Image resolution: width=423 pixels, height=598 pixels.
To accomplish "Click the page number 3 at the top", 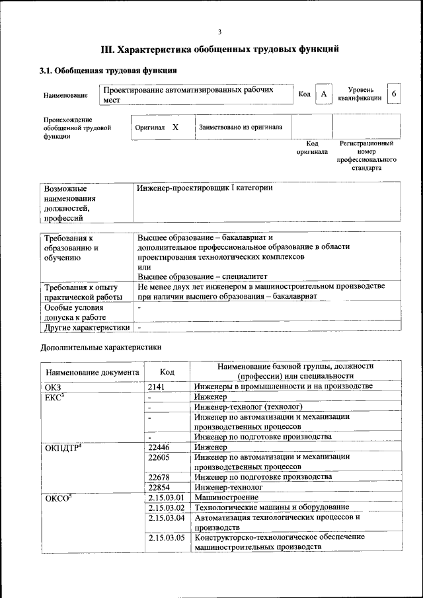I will pyautogui.click(x=219, y=32).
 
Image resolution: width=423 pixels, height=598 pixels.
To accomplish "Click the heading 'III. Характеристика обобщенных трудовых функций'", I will pyautogui.click(x=220, y=49).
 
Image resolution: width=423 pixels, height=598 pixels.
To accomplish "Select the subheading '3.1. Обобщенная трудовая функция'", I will pyautogui.click(x=108, y=70).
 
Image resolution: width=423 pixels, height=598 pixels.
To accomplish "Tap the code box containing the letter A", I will pyautogui.click(x=324, y=94).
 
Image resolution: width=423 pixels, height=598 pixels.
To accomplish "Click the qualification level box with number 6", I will pyautogui.click(x=394, y=94).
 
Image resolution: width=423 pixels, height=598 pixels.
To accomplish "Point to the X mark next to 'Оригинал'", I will pyautogui.click(x=175, y=126).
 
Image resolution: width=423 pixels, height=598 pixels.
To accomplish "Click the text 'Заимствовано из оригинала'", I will pyautogui.click(x=241, y=127).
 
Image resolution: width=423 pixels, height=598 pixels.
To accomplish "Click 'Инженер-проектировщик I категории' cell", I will pyautogui.click(x=205, y=188).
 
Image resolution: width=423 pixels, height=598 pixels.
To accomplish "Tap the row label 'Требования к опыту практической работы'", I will pyautogui.click(x=81, y=292).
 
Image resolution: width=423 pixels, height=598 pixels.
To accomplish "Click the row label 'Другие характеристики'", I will pyautogui.click(x=86, y=327).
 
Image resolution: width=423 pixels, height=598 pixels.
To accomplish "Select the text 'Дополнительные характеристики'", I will pyautogui.click(x=101, y=346).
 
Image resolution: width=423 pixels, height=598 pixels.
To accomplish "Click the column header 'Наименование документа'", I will pyautogui.click(x=93, y=372).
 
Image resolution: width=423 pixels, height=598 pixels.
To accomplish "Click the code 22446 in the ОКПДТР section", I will pyautogui.click(x=159, y=447).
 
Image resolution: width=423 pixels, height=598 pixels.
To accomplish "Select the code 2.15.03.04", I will pyautogui.click(x=167, y=517).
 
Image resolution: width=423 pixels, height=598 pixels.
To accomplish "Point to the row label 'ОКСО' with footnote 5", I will pyautogui.click(x=58, y=497).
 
